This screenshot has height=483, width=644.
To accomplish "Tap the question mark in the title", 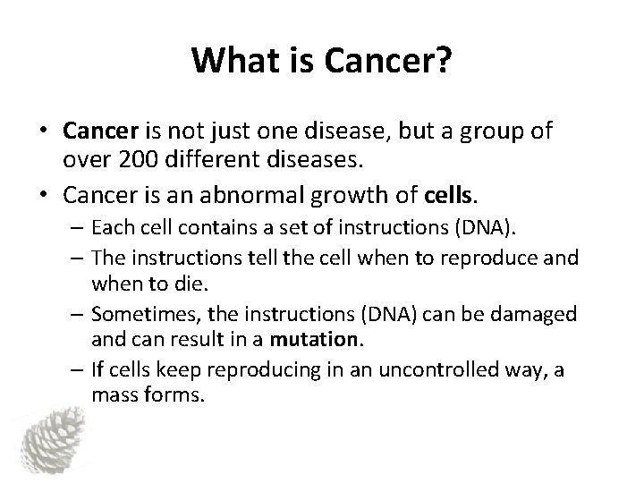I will pyautogui.click(x=446, y=60).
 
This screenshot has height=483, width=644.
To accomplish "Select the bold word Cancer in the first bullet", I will pyautogui.click(x=98, y=131).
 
